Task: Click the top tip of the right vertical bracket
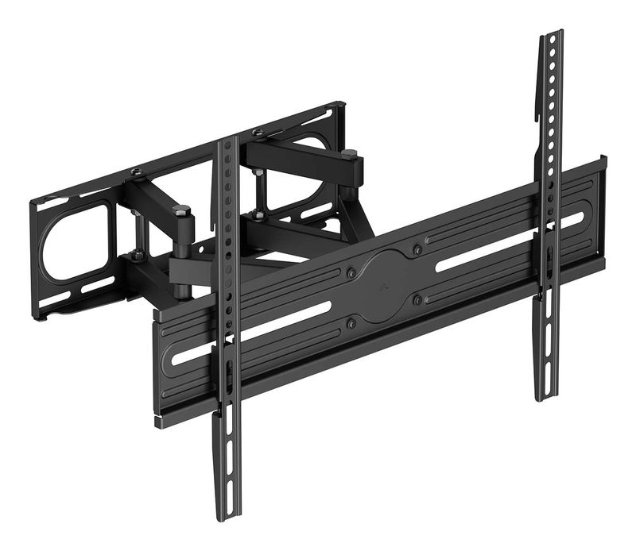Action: tap(549, 35)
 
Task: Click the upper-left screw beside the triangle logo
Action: tap(351, 272)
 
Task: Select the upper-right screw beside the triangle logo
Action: tap(417, 250)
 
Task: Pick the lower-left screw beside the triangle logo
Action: tap(351, 323)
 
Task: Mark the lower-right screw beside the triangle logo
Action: tap(417, 299)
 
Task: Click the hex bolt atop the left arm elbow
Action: tap(181, 211)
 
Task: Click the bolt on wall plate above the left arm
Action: tap(137, 173)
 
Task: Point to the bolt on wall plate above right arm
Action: tap(259, 133)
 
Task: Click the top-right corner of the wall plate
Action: tap(342, 105)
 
